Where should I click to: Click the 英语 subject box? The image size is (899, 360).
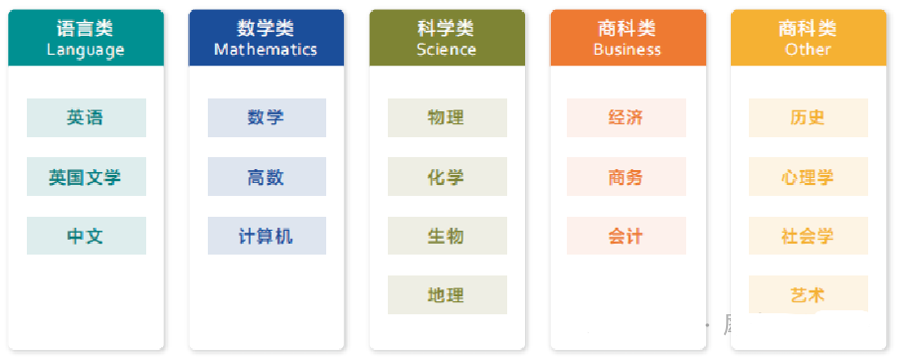pos(86,117)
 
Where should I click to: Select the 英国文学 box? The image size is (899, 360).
pos(86,177)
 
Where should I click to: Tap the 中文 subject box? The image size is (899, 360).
pos(86,236)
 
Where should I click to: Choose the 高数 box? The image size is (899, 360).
pos(267,177)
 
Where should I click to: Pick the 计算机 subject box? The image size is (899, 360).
pos(267,236)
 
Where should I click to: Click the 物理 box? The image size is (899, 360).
pos(448,117)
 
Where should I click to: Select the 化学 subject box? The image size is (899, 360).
pos(448,177)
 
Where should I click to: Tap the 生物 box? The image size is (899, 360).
pos(448,236)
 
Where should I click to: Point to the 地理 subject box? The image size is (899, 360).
pos(448,294)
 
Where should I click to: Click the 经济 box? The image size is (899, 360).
pos(627,117)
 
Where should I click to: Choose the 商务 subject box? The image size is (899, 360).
pos(627,177)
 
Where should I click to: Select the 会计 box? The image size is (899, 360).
pos(627,236)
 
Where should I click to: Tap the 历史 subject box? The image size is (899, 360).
pos(808,117)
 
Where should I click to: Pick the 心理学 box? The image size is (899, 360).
pos(808,177)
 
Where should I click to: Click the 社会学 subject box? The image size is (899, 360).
pos(808,236)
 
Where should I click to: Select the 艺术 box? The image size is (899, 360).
pos(808,294)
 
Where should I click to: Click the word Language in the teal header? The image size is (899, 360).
pos(86,50)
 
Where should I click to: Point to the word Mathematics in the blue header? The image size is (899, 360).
pos(267,49)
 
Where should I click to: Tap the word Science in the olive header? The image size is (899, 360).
pos(447,49)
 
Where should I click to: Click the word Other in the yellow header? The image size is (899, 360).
pos(809,49)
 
